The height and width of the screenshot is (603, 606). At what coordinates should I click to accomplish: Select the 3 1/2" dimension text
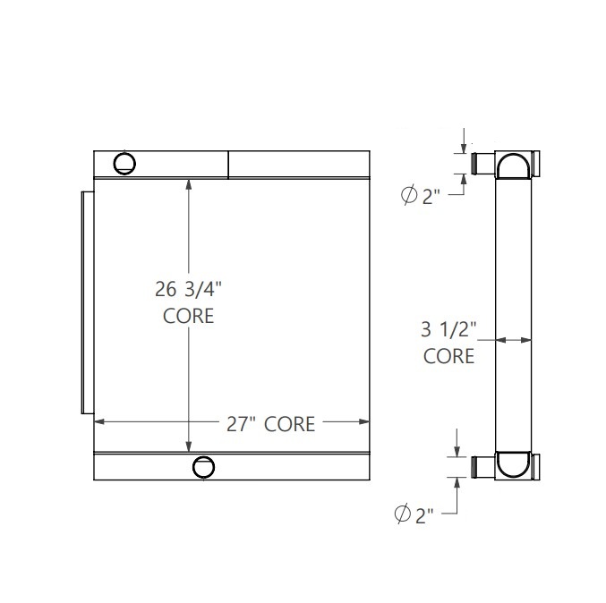point(448,328)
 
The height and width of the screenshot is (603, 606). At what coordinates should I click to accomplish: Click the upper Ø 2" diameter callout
point(420,195)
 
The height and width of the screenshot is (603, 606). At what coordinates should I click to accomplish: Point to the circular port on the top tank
point(124,162)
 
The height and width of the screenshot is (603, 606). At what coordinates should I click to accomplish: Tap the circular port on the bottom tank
point(204,466)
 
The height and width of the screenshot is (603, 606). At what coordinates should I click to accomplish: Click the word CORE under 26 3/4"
point(188,316)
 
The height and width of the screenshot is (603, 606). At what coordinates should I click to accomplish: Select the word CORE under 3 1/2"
point(448,356)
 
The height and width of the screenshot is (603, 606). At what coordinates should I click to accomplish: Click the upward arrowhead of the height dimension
point(188,183)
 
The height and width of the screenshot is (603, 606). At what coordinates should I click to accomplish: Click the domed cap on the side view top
point(514,166)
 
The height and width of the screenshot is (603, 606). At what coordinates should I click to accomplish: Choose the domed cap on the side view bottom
point(514,464)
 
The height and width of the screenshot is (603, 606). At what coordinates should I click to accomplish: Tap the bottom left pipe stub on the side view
point(482,465)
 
